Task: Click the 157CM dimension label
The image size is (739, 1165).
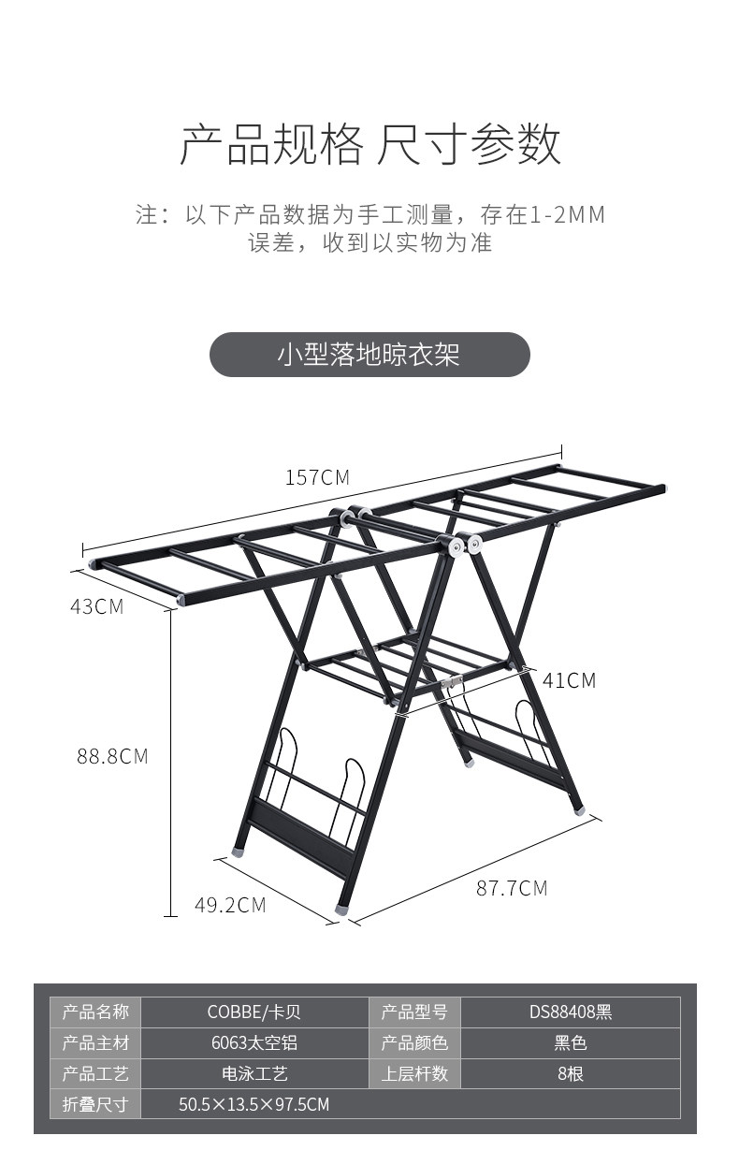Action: click(x=317, y=477)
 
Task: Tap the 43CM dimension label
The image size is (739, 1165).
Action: click(x=96, y=605)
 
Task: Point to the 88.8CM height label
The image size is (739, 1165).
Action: click(x=112, y=756)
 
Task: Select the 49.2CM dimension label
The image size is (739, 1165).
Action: click(x=230, y=905)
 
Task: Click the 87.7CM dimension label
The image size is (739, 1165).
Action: click(x=512, y=888)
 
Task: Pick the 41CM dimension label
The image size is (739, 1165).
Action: click(x=569, y=680)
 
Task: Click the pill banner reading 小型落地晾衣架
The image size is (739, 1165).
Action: click(x=369, y=356)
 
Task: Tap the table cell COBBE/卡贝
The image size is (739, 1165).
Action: click(x=254, y=1012)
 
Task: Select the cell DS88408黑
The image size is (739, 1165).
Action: click(x=570, y=1012)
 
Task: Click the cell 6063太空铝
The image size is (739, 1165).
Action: click(x=254, y=1042)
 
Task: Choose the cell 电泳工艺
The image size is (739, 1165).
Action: click(x=254, y=1073)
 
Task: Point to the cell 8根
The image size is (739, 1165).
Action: click(x=570, y=1073)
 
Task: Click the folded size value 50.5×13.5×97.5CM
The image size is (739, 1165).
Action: click(x=254, y=1104)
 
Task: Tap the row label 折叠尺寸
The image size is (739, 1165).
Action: click(x=95, y=1104)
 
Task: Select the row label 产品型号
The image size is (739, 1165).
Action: click(x=414, y=1012)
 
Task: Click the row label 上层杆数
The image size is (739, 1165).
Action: click(x=414, y=1073)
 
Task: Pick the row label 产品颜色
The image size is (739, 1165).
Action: click(x=414, y=1042)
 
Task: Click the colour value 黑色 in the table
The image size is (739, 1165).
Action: click(x=570, y=1042)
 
